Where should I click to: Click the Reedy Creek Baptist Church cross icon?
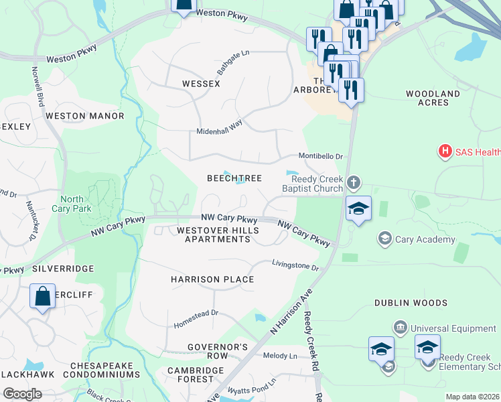[x=354, y=181]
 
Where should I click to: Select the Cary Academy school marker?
[x=384, y=239]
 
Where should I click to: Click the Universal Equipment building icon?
[x=400, y=328]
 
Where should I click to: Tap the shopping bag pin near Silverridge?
[x=42, y=297]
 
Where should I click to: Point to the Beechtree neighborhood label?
[x=234, y=178]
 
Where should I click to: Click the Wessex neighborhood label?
[x=201, y=84]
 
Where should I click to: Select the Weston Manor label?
[x=84, y=116]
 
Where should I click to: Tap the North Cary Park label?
[x=72, y=204]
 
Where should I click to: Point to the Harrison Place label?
[x=212, y=279]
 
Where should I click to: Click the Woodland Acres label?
[x=432, y=98]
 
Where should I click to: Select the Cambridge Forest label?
[x=196, y=375]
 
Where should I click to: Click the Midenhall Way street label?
[x=219, y=131]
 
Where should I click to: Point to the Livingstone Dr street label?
[x=295, y=266]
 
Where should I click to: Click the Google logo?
[x=22, y=394]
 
